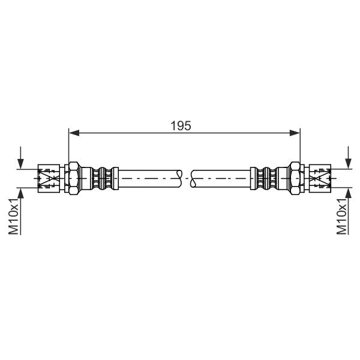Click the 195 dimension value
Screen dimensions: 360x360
181,126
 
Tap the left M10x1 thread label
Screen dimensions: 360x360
13,216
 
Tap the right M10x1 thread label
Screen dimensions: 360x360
341,216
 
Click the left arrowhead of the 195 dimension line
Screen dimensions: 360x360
74,133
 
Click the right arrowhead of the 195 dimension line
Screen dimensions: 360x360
295,133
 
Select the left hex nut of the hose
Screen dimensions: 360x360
74,178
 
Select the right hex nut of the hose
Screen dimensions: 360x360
295,178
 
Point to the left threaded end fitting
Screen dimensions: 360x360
49,178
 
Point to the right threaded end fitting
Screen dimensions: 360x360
320,178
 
